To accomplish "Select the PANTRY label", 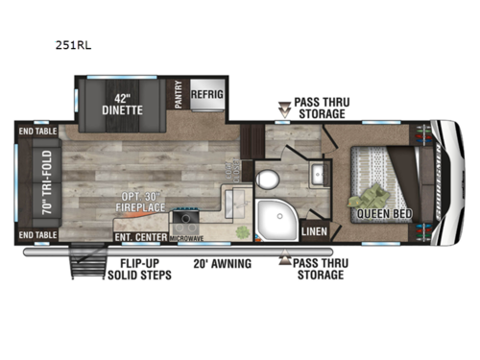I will (x=179, y=96).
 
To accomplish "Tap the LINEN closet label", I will (x=313, y=231).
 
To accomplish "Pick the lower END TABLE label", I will (x=39, y=234).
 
